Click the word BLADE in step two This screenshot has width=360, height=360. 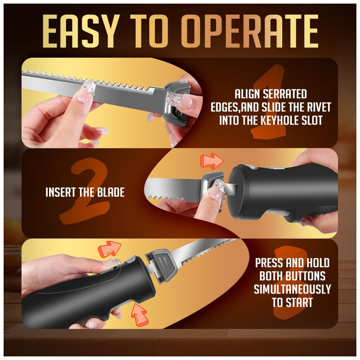111,192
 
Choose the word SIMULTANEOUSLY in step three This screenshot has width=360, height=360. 292,289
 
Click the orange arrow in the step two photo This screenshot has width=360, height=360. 212,161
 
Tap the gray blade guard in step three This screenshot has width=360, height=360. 163,265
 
